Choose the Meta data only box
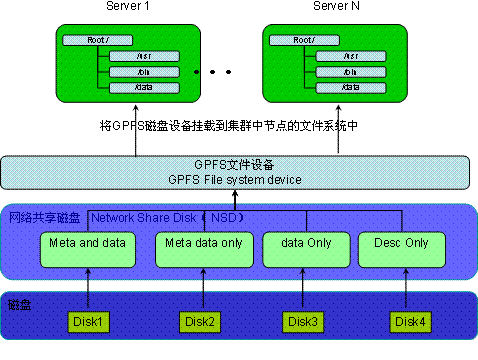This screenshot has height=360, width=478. click(x=198, y=250)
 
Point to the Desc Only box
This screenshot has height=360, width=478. click(x=401, y=250)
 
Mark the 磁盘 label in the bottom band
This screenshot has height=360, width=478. click(x=19, y=303)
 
